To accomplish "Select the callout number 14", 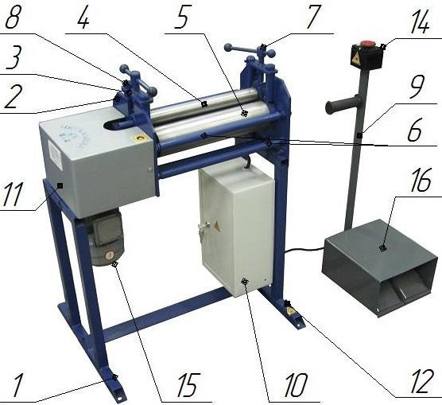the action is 418,22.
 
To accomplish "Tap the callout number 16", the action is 418,181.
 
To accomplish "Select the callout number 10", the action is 295,384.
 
